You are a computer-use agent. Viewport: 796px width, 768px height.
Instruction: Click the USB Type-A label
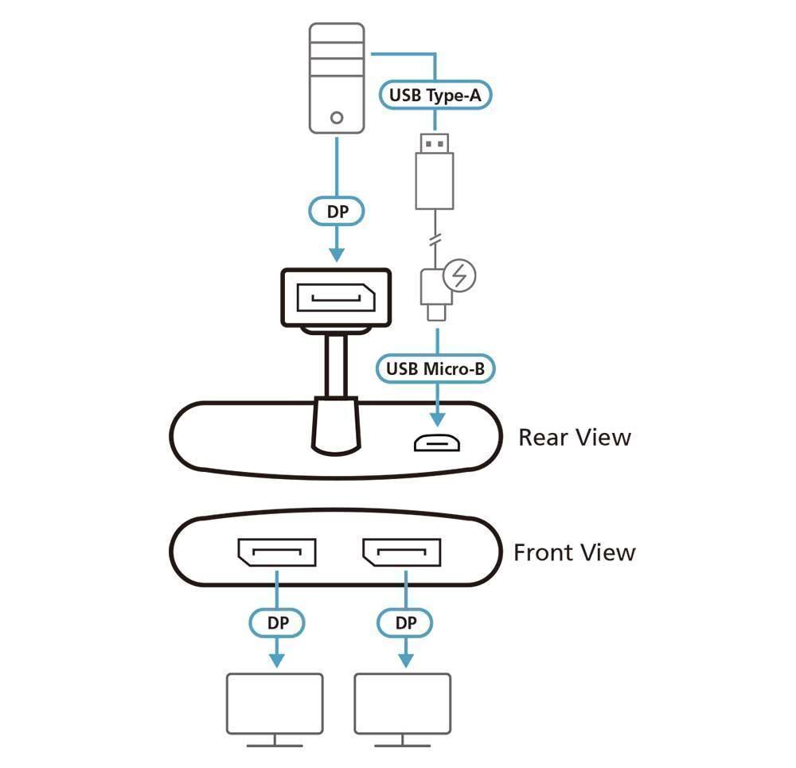click(435, 96)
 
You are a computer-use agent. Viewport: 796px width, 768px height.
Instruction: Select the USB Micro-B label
click(435, 369)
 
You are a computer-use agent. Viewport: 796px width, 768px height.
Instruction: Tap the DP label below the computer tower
click(336, 212)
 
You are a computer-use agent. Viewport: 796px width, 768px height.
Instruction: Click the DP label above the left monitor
click(277, 623)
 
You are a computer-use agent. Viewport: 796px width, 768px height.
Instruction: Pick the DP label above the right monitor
click(405, 623)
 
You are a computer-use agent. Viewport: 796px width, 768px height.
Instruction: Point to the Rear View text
click(574, 437)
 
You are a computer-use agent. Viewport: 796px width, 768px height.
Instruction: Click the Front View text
click(574, 552)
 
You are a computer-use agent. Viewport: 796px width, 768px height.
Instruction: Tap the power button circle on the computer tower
click(337, 118)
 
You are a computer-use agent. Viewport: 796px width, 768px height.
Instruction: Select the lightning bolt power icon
click(459, 276)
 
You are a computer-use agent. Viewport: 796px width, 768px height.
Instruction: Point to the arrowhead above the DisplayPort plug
click(337, 254)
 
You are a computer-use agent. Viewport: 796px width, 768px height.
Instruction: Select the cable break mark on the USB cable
click(435, 239)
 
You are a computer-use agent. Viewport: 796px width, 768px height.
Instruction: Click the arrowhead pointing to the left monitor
click(276, 661)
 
